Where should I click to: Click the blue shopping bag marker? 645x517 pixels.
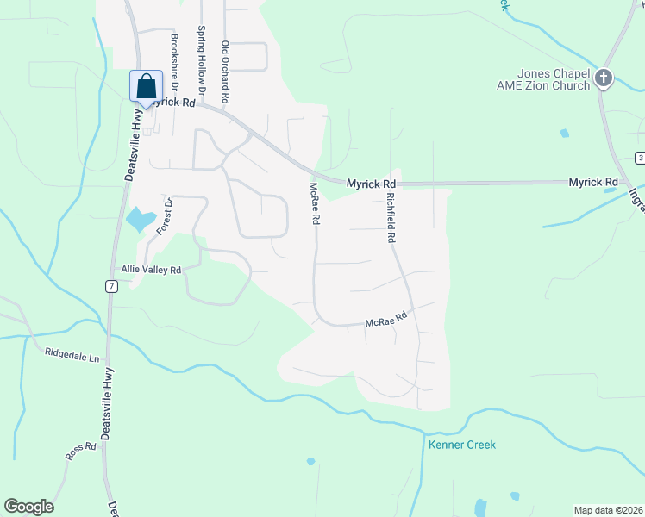pyautogui.click(x=146, y=87)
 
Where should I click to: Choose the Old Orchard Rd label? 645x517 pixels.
pyautogui.click(x=225, y=73)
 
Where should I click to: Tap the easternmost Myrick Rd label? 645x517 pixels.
pyautogui.click(x=593, y=183)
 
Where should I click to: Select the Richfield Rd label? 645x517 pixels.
pyautogui.click(x=391, y=215)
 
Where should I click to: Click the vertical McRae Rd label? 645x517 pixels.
pyautogui.click(x=316, y=203)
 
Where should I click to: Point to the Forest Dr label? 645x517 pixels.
pyautogui.click(x=165, y=216)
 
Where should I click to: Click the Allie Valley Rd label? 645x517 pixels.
pyautogui.click(x=151, y=270)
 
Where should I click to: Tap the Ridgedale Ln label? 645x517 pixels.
pyautogui.click(x=72, y=353)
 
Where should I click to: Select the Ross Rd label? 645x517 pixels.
pyautogui.click(x=79, y=450)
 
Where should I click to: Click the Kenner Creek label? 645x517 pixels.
pyautogui.click(x=462, y=445)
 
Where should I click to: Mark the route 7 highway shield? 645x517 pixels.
pyautogui.click(x=112, y=286)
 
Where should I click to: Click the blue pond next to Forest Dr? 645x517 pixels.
pyautogui.click(x=141, y=219)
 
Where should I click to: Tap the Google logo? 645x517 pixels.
pyautogui.click(x=28, y=507)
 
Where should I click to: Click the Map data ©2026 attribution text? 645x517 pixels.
pyautogui.click(x=609, y=510)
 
